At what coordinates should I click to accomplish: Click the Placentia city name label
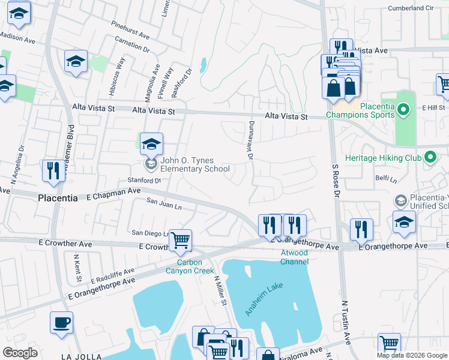58,198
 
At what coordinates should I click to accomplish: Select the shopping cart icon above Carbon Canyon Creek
180,241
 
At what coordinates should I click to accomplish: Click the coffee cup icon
61,323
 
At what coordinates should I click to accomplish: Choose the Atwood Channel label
294,257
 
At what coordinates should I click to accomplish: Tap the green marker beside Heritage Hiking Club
430,158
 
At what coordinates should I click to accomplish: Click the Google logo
20,353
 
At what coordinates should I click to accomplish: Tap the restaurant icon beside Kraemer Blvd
53,170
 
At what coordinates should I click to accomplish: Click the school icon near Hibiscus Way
76,61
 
